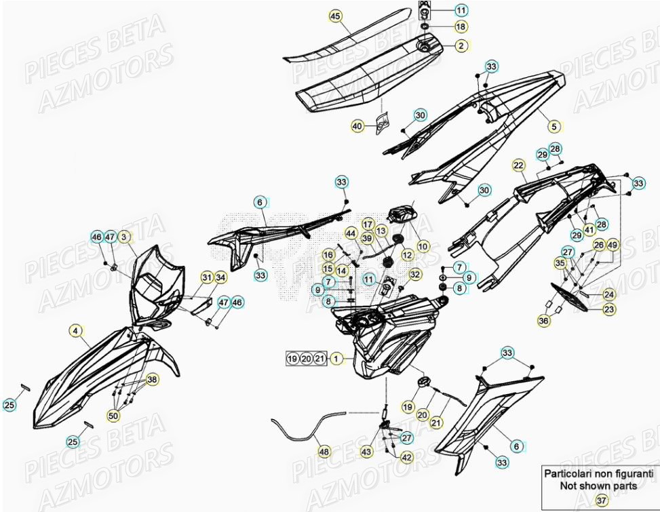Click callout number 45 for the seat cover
pos(334,15)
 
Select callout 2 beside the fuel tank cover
pos(461,46)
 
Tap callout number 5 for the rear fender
pos(124,237)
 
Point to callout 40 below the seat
pos(76,332)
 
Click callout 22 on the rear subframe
pos(554,126)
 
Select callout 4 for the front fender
pos(76,332)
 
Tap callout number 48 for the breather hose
pos(324,452)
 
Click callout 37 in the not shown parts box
pos(601,500)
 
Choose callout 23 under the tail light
pos(609,309)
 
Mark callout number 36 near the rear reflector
pos(543,320)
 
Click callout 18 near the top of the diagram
pos(461,27)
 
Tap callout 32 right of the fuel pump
pos(415,274)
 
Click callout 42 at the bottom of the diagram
pos(406,458)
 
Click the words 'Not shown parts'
pos(598,486)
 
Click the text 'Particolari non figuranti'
pos(598,474)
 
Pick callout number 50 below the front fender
pos(113,415)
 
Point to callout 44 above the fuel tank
pos(350,233)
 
